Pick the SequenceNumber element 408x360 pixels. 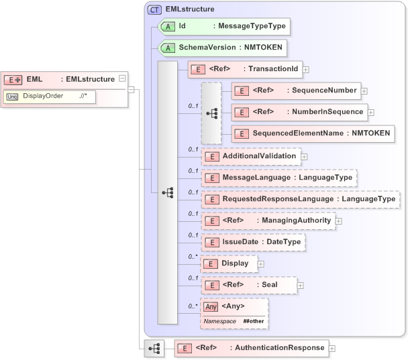295,90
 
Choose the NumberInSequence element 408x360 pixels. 299,112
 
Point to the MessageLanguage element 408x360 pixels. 278,178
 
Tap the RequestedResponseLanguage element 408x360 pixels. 300,199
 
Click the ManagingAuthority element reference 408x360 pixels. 268,221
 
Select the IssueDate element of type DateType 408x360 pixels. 254,242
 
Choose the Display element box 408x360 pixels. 229,263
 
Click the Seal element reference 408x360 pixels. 249,285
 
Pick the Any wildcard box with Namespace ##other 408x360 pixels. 234,313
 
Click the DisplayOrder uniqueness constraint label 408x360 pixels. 43,96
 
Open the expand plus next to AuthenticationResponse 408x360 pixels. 332,348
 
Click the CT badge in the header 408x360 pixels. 155,9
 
